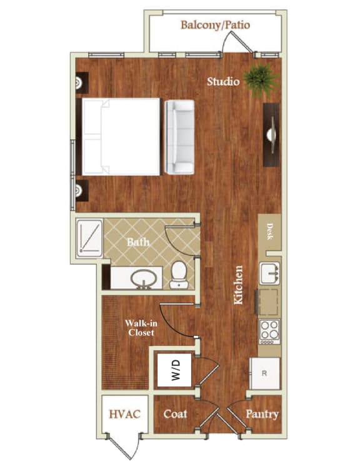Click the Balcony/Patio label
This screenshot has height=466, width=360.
point(215,26)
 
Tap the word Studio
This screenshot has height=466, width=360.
point(224,81)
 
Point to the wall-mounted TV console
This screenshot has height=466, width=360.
point(271,134)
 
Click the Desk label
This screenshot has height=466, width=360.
point(271,233)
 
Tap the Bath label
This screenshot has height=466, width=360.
point(138,241)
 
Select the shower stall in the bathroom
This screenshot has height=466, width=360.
point(89,238)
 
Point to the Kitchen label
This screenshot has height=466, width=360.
point(238,285)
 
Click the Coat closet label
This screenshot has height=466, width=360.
point(175,414)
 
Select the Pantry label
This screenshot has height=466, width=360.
point(262,414)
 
